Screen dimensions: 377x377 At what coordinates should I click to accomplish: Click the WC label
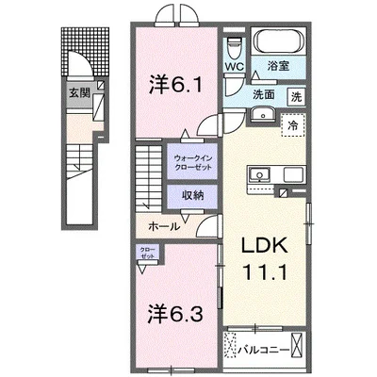(x=235, y=67)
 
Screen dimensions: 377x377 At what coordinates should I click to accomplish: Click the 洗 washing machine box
(x=295, y=95)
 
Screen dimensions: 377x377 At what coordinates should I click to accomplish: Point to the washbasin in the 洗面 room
(x=263, y=116)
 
